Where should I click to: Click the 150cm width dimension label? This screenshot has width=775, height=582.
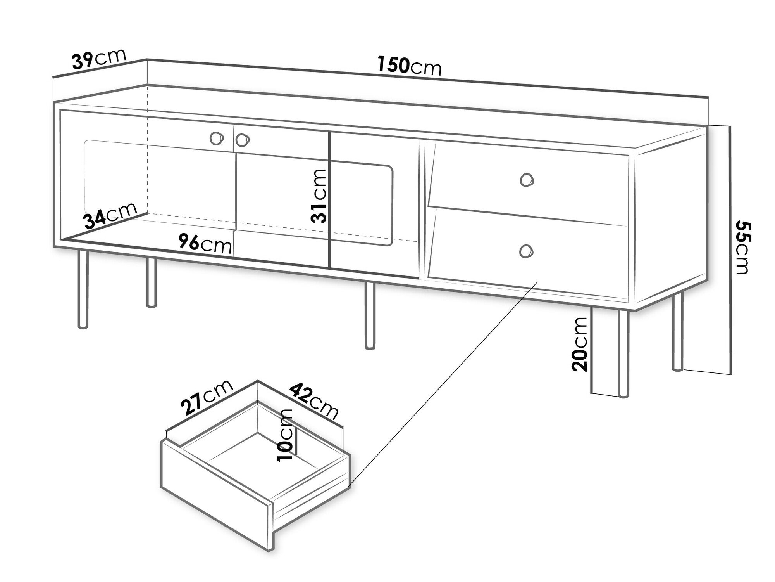tap(410, 66)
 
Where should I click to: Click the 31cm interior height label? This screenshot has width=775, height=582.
tap(319, 196)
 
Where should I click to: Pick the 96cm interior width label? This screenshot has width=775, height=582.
tap(205, 244)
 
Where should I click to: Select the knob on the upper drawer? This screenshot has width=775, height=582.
tap(526, 180)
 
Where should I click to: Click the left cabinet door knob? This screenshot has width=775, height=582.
tap(216, 138)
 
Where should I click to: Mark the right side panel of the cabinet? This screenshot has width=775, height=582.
tap(670, 221)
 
